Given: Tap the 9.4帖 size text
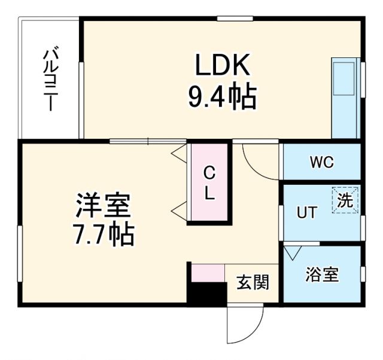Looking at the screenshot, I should [222, 97].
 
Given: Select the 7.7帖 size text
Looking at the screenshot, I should [103, 235].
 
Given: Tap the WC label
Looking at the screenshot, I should [321, 162].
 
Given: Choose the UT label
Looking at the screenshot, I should [307, 212].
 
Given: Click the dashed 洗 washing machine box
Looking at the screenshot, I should [345, 200].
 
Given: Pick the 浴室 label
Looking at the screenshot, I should [322, 274].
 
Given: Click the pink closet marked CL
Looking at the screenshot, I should [208, 183].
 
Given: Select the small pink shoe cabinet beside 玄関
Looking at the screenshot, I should [208, 272].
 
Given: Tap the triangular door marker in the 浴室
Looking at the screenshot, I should [292, 252].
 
